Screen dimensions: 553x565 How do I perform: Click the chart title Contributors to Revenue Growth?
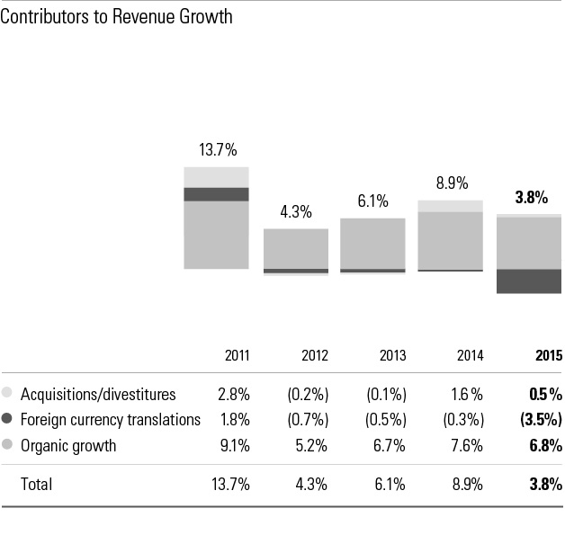116,17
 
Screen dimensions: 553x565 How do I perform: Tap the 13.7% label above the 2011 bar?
217,150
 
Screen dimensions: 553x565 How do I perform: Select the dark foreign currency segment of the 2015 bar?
529,281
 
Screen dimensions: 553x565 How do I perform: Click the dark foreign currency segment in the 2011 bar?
217,194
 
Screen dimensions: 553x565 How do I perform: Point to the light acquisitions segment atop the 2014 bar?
451,206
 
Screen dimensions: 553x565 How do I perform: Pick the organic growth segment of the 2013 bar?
372,243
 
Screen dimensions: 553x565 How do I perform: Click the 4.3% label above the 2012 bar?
295,212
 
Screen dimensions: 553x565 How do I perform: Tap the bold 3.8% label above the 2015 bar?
531,198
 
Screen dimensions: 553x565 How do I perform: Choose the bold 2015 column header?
548,355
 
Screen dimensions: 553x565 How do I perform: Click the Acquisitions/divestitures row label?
98,394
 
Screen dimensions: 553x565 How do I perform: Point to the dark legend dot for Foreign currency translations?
8,419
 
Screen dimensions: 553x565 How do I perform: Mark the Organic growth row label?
68,445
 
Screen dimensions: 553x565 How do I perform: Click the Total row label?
36,484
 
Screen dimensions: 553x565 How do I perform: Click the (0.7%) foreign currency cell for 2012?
307,419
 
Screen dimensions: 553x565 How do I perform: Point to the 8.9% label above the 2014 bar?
452,183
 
